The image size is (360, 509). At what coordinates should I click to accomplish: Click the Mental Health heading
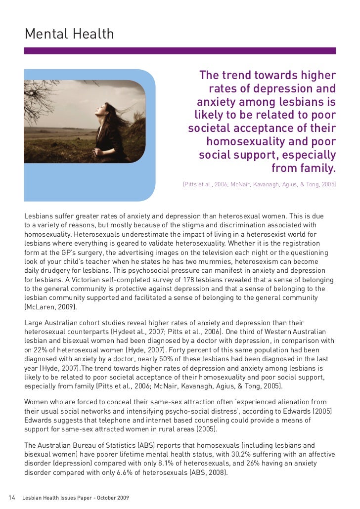click(x=69, y=34)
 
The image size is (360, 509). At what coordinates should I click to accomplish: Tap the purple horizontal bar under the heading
click(x=180, y=50)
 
